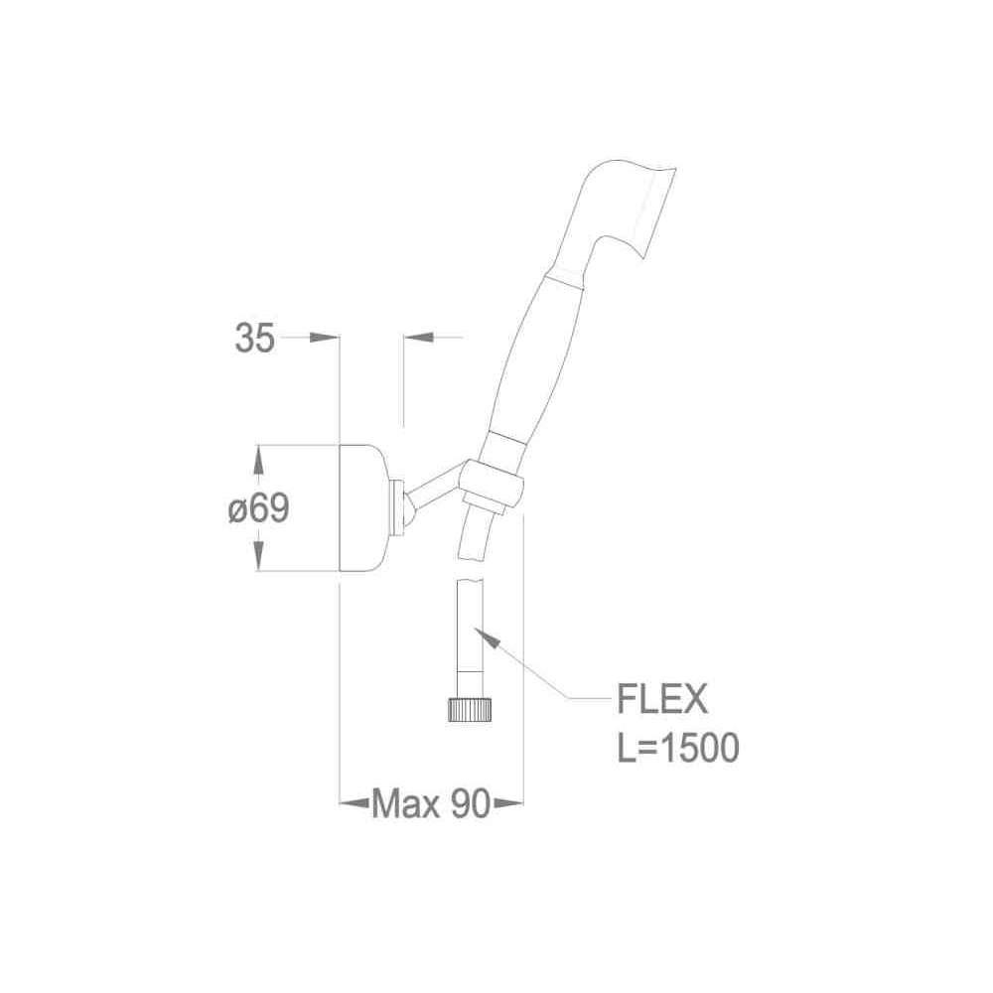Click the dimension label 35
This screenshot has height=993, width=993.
[255, 338]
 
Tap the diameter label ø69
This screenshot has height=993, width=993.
[258, 507]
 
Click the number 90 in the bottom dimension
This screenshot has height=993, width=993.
[471, 804]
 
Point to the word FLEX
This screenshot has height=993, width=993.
[661, 699]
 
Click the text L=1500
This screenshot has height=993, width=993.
[678, 748]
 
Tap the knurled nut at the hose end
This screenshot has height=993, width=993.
[471, 709]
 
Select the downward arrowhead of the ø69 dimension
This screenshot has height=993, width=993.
[258, 555]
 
